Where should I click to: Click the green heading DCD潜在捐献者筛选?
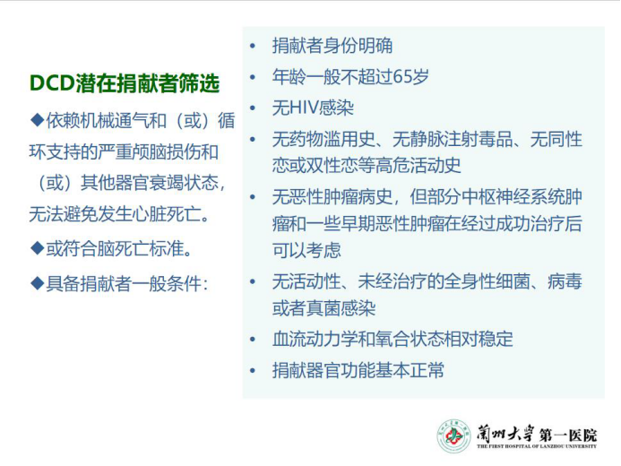[x=125, y=83]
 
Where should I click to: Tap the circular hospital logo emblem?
[x=453, y=436]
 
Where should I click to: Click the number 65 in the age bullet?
[x=403, y=76]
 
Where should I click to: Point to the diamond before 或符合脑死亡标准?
[x=38, y=248]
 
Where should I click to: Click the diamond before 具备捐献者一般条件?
[x=38, y=283]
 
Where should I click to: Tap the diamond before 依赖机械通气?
[x=38, y=120]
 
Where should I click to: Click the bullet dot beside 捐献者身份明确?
[x=253, y=46]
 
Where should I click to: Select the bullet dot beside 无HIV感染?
[x=253, y=108]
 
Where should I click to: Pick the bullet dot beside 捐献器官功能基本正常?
[x=253, y=371]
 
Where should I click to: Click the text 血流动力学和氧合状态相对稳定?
[x=392, y=339]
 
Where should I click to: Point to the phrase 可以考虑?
[x=306, y=250]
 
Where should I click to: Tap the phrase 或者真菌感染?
[x=324, y=308]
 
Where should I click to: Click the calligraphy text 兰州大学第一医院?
[x=537, y=434]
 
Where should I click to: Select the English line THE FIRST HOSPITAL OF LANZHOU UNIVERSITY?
[x=537, y=446]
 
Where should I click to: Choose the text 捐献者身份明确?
[x=332, y=46]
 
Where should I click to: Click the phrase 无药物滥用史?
[x=323, y=139]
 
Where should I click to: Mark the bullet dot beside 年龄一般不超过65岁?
[x=253, y=77]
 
